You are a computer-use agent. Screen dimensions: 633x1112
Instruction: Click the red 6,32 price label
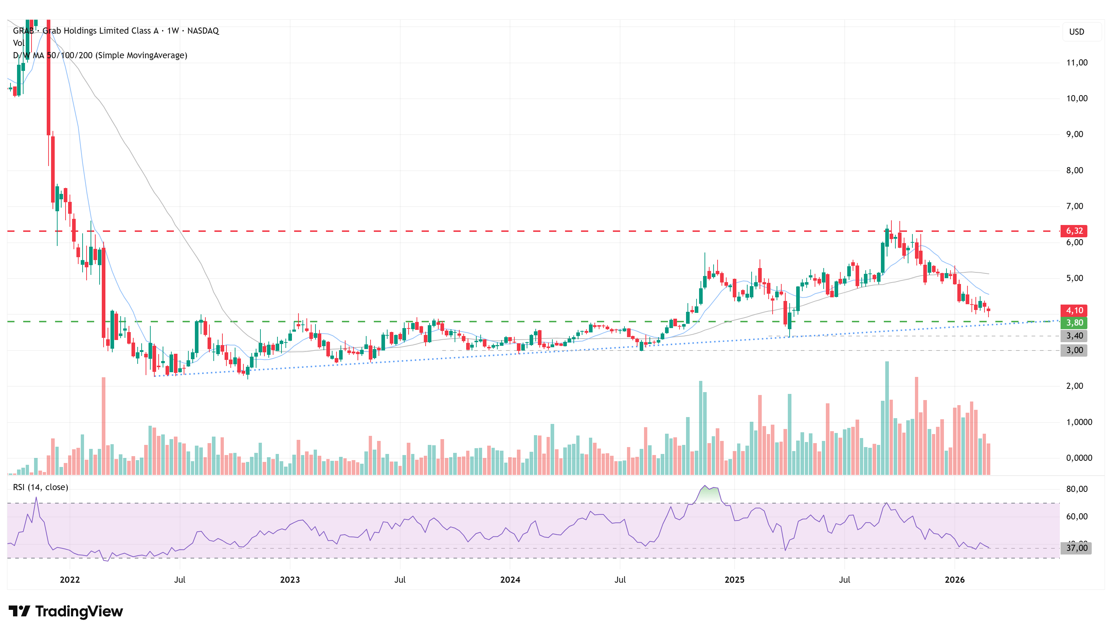click(x=1073, y=231)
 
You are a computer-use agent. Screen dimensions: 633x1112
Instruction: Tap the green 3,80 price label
click(x=1073, y=323)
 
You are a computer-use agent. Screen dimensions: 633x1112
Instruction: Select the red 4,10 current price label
click(x=1073, y=310)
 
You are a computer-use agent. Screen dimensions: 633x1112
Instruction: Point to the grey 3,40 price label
click(x=1073, y=336)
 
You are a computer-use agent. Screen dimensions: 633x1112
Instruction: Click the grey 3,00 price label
click(x=1073, y=350)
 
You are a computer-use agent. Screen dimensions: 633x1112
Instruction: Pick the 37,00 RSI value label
click(x=1076, y=548)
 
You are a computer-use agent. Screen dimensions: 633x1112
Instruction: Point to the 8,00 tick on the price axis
click(x=1074, y=170)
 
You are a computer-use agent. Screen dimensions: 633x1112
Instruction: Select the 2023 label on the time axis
click(x=290, y=579)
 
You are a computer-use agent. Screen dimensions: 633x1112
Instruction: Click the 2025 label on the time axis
click(x=734, y=579)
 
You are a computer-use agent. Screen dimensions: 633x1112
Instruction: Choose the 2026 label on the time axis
click(x=954, y=579)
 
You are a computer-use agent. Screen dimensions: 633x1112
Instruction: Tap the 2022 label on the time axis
click(x=70, y=579)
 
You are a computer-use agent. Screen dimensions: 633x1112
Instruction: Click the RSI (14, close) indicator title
click(x=41, y=487)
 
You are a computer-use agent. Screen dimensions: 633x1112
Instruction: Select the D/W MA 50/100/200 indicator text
click(x=100, y=55)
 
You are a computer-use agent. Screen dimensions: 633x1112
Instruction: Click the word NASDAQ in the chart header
click(x=203, y=31)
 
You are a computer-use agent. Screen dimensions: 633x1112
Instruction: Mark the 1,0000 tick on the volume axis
click(x=1078, y=422)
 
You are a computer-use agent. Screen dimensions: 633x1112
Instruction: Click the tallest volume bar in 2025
click(x=887, y=417)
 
